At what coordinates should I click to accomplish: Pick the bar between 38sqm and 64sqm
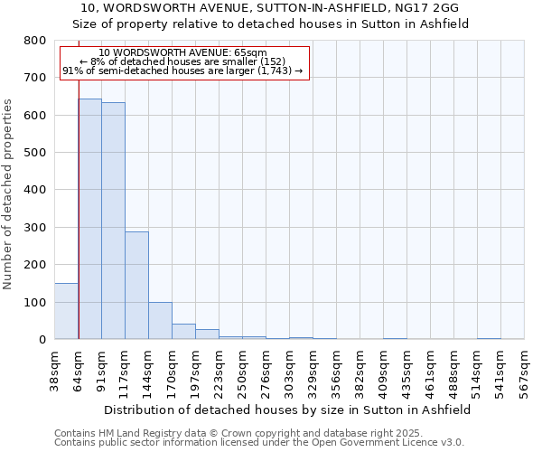coord(66,311)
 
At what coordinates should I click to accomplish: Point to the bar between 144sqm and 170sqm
coord(160,321)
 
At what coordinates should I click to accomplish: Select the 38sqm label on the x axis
coord(55,368)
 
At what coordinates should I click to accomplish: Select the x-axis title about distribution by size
coord(288,410)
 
